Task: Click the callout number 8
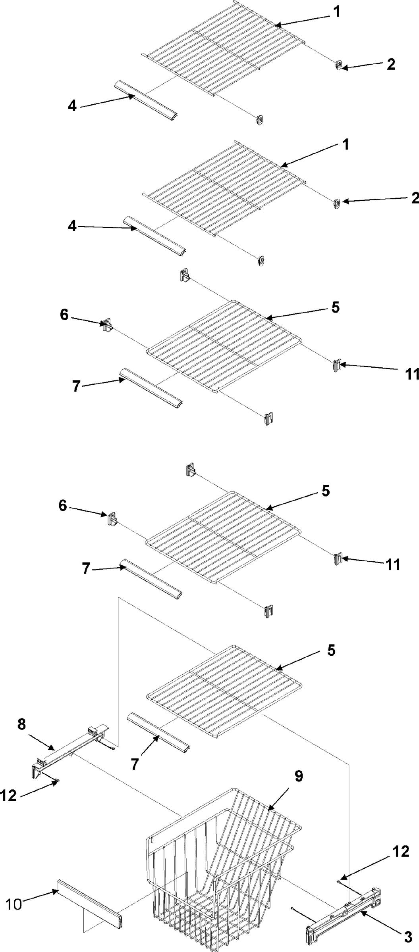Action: [x=21, y=724]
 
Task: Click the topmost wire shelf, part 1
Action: [x=226, y=48]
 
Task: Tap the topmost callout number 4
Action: [x=72, y=106]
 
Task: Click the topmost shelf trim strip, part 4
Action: [x=146, y=99]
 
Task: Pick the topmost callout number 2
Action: [x=391, y=65]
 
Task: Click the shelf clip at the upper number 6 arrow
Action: [x=107, y=324]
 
